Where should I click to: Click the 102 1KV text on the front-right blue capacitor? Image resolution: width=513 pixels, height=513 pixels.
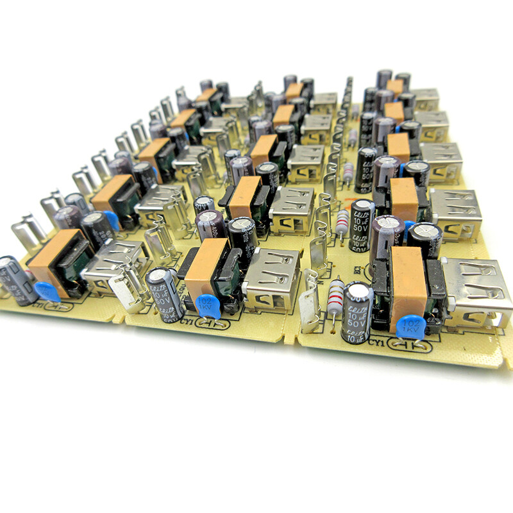click(x=408, y=327)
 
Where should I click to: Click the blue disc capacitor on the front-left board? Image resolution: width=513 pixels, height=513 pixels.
click(x=48, y=292)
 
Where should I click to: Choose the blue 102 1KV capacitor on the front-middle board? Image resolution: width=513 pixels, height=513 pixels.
click(x=208, y=306)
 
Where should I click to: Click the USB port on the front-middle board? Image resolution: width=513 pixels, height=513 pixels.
click(x=273, y=277)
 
